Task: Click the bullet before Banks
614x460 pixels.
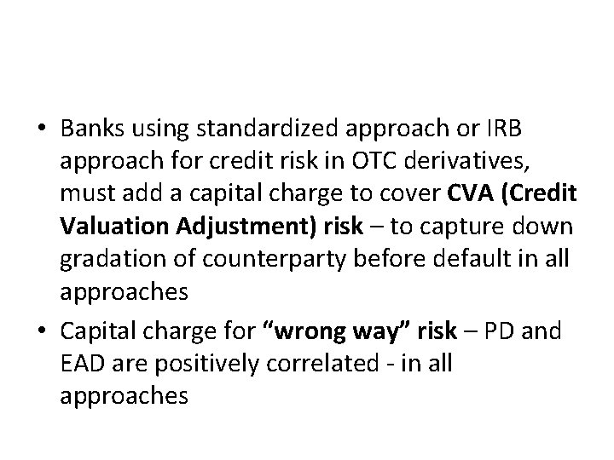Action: point(41,129)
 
